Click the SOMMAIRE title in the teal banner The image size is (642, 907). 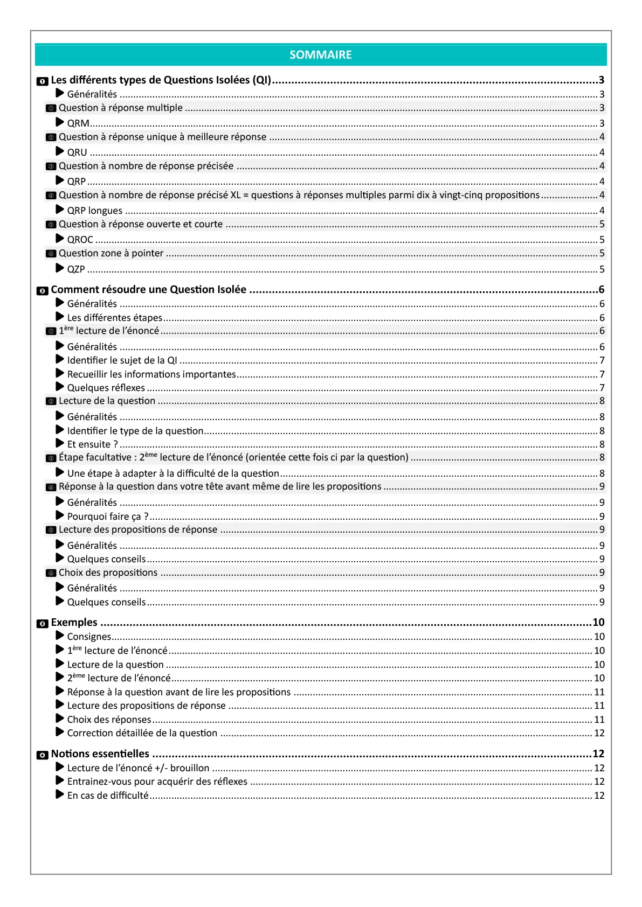321,55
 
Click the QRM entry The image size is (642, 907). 78,123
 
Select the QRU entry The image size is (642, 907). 77,152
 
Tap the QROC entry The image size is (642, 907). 80,240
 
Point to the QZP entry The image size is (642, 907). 76,269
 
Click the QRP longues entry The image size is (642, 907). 95,211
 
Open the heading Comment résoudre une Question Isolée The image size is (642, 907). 148,290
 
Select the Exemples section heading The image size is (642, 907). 74,623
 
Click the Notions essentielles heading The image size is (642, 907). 100,754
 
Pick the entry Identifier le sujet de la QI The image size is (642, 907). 122,360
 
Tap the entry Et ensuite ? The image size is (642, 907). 92,444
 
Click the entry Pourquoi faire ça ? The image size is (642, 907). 107,517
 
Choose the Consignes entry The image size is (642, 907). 89,637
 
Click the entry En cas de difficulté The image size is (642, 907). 108,796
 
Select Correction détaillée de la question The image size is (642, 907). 142,733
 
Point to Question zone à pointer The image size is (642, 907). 111,253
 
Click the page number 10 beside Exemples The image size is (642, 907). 598,623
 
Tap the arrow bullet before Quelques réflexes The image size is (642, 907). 60,387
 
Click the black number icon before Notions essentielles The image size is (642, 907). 42,755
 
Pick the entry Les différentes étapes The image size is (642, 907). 115,318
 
